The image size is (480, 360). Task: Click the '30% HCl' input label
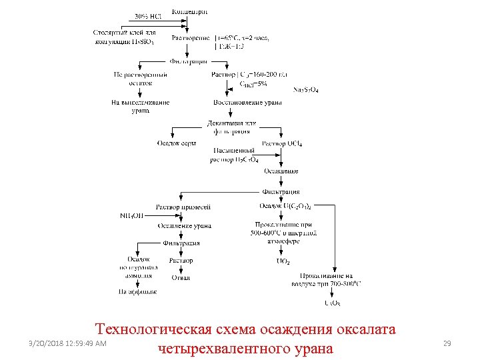click(147, 16)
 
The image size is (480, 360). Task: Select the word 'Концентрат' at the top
click(189, 11)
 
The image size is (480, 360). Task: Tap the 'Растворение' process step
click(191, 38)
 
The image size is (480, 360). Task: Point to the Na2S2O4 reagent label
click(305, 90)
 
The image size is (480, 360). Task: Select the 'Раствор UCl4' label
click(282, 143)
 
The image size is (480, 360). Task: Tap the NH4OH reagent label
click(131, 215)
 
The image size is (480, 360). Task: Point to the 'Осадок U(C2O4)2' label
click(285, 207)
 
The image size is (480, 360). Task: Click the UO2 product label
click(283, 261)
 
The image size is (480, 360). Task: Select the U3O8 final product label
click(331, 303)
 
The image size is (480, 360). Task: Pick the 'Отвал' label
click(181, 277)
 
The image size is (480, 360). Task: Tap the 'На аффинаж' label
click(137, 292)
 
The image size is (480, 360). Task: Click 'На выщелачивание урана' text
click(141, 106)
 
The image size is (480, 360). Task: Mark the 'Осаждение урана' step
click(184, 226)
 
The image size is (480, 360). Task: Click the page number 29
click(447, 343)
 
